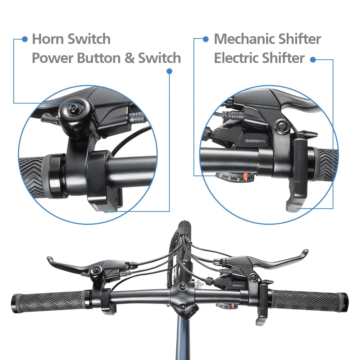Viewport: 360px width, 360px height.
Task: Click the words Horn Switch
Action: click(71, 39)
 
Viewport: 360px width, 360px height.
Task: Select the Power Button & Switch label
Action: click(106, 58)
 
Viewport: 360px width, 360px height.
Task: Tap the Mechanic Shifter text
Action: click(267, 39)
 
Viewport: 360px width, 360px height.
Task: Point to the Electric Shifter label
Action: click(259, 58)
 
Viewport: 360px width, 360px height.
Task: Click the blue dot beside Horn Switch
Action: click(25, 39)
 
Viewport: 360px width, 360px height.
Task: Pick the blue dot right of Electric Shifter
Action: click(313, 60)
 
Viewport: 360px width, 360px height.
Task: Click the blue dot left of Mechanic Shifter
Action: click(206, 39)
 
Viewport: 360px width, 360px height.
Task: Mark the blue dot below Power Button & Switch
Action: click(169, 72)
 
